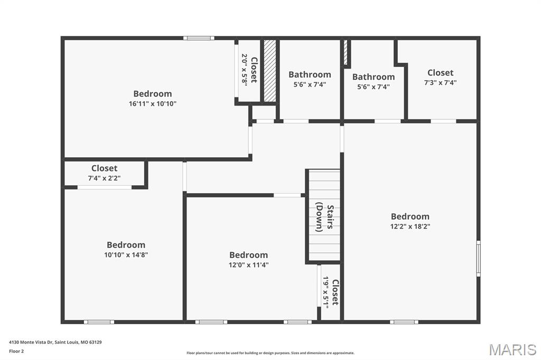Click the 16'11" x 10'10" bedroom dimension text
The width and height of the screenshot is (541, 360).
[x=152, y=104]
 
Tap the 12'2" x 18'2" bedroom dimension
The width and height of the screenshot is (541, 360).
[x=410, y=226]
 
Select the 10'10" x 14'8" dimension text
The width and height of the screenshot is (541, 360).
[x=126, y=254]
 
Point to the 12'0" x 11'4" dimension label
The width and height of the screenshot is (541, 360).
[x=248, y=265]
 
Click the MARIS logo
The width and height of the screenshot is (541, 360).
[x=512, y=349]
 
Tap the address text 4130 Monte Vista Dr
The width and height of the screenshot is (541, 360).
[x=55, y=342]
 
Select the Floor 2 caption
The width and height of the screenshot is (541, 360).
[x=16, y=351]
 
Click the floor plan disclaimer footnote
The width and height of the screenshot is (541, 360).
[x=270, y=353]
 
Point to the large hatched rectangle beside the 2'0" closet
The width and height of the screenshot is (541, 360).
[x=270, y=71]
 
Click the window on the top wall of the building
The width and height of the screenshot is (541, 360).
[x=199, y=38]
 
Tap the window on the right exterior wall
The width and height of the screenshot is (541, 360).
[x=478, y=259]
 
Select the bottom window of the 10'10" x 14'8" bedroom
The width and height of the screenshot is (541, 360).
[x=99, y=321]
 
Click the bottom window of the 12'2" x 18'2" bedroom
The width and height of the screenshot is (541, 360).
[x=404, y=321]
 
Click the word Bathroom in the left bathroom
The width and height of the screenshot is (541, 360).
[x=310, y=74]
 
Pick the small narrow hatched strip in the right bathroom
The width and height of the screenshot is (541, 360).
[x=346, y=53]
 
